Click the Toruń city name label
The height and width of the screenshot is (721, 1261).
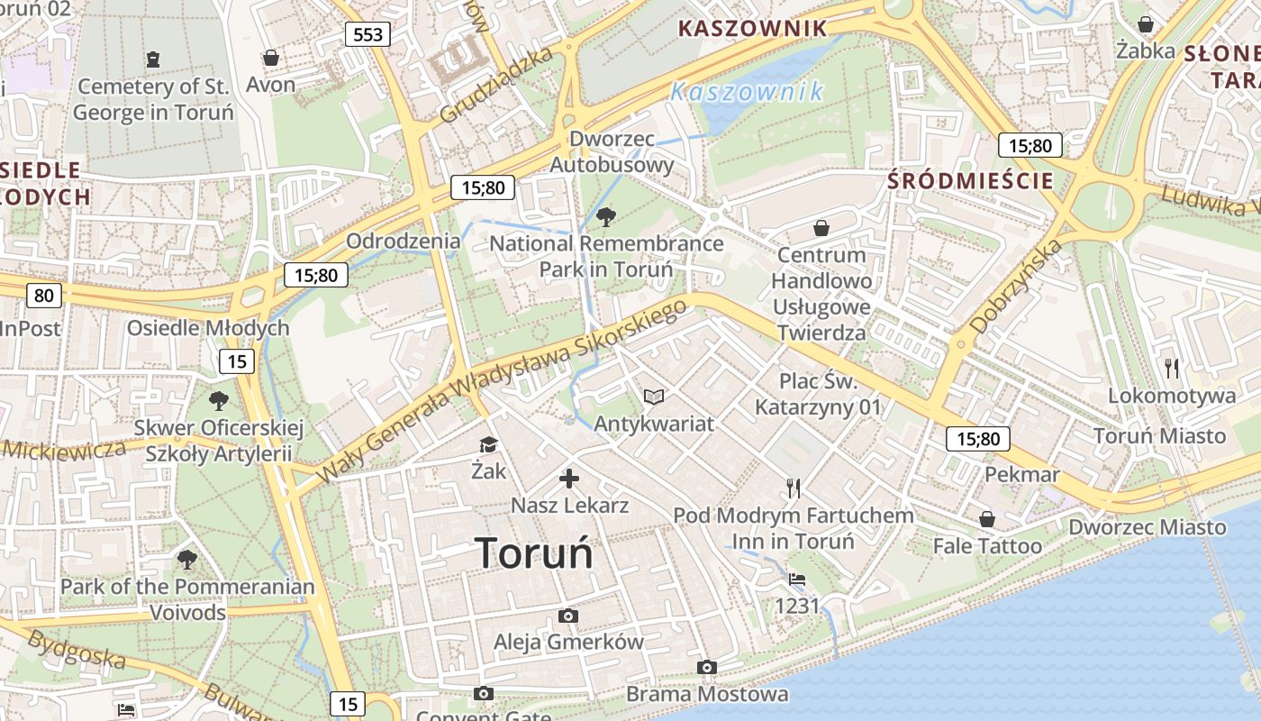pyautogui.click(x=534, y=552)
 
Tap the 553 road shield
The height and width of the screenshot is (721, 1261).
pyautogui.click(x=368, y=35)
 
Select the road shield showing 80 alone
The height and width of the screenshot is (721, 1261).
pyautogui.click(x=44, y=295)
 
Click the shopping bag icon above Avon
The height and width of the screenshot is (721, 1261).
pyautogui.click(x=270, y=58)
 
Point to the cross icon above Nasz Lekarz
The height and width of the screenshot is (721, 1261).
pyautogui.click(x=569, y=479)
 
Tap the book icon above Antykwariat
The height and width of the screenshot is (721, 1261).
pyautogui.click(x=654, y=397)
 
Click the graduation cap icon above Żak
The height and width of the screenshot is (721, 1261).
pyautogui.click(x=488, y=444)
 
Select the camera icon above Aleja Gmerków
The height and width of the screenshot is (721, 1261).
pyautogui.click(x=567, y=616)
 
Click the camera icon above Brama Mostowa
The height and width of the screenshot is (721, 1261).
pyautogui.click(x=707, y=667)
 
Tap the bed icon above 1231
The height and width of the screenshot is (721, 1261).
pyautogui.click(x=796, y=579)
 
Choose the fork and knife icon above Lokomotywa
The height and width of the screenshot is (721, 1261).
pyautogui.click(x=1171, y=368)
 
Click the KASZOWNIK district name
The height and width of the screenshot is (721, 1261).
pyautogui.click(x=752, y=28)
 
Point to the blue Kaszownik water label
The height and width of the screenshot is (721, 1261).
pyautogui.click(x=747, y=91)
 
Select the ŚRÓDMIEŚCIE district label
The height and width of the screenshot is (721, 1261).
pyautogui.click(x=970, y=180)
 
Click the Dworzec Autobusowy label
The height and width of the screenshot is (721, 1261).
pyautogui.click(x=612, y=151)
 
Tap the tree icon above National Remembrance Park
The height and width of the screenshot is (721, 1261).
pyautogui.click(x=606, y=216)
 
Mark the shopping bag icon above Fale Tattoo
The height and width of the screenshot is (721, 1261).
pyautogui.click(x=987, y=519)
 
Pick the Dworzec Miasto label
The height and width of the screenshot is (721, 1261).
pyautogui.click(x=1147, y=526)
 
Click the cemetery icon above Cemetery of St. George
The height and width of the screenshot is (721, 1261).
pyautogui.click(x=153, y=59)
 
